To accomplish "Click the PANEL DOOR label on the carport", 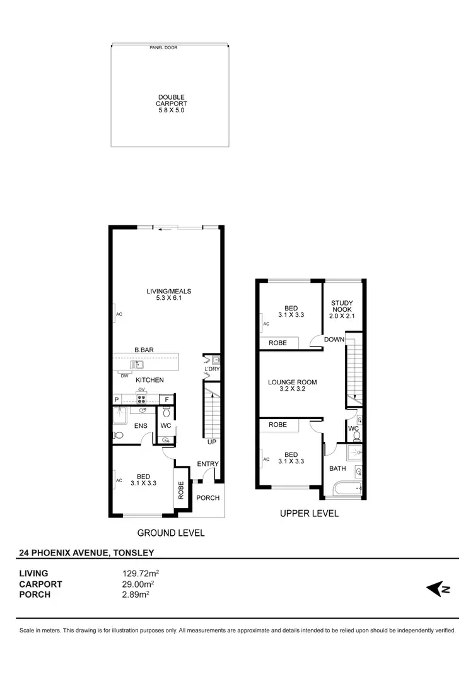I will click(163, 47).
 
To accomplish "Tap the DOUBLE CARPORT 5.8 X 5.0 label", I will click(172, 104).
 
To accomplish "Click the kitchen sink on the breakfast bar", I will click(137, 365).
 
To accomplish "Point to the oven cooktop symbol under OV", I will click(142, 399).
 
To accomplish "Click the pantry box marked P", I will click(117, 400).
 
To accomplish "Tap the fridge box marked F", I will click(167, 400).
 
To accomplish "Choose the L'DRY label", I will click(212, 369).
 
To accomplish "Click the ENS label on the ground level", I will click(141, 426).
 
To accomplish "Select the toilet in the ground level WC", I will click(166, 413).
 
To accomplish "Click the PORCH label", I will click(208, 498).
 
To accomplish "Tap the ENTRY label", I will click(207, 465).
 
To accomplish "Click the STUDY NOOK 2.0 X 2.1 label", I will click(342, 309).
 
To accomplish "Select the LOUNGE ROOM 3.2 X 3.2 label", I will click(292, 386).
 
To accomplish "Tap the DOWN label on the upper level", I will click(334, 340).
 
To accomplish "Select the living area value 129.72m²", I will click(140, 574).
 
